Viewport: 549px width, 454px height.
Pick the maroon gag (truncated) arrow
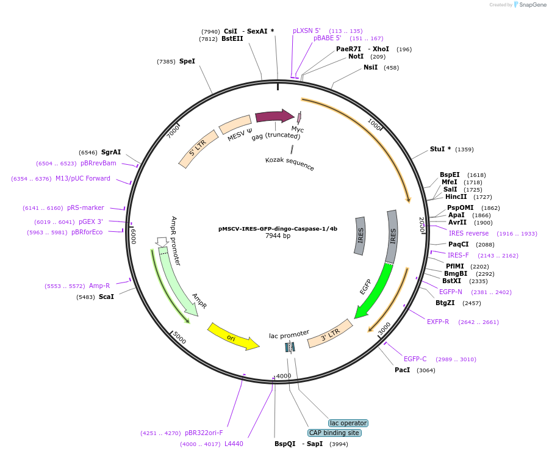tap(274, 116)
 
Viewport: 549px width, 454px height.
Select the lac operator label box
tap(348, 423)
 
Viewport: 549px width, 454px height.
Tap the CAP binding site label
tap(334, 433)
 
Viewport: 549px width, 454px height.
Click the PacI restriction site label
tap(403, 370)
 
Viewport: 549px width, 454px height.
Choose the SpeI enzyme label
tap(187, 61)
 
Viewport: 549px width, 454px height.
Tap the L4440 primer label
tap(234, 444)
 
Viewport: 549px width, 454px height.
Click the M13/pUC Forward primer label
tap(83, 178)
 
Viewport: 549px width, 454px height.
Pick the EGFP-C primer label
tap(415, 359)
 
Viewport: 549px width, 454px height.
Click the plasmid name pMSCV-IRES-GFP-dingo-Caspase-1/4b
tap(278, 229)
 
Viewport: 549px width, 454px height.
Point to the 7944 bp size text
tap(278, 236)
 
